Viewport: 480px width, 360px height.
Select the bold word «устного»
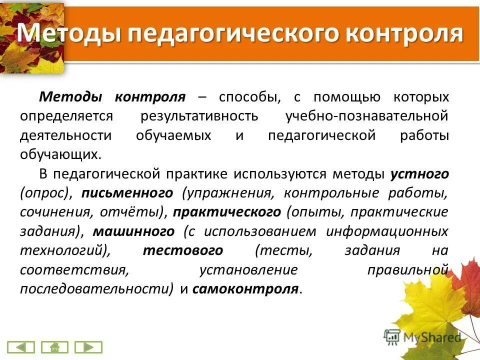click(x=419, y=174)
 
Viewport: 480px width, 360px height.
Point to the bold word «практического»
click(x=227, y=212)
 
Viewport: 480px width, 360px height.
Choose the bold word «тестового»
click(x=183, y=250)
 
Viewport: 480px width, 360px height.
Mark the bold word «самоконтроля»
click(x=245, y=289)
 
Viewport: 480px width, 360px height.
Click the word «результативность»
click(x=199, y=116)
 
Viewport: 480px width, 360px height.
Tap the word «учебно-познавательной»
click(x=367, y=116)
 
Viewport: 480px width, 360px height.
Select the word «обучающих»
click(x=59, y=154)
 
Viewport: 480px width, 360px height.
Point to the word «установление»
click(x=248, y=270)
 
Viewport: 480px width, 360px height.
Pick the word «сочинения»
click(x=52, y=212)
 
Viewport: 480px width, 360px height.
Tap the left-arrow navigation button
click(x=21, y=347)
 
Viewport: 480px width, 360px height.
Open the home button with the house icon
click(x=54, y=347)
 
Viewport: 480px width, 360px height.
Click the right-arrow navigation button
click(x=88, y=347)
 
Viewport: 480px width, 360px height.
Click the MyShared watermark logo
click(x=422, y=336)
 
